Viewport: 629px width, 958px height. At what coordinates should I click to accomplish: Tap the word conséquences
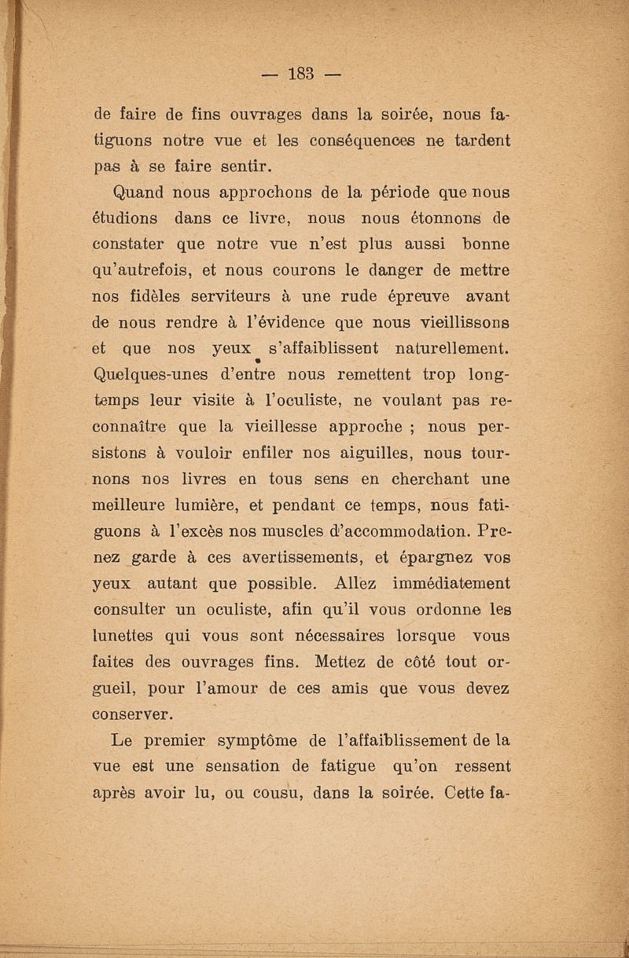(x=344, y=143)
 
